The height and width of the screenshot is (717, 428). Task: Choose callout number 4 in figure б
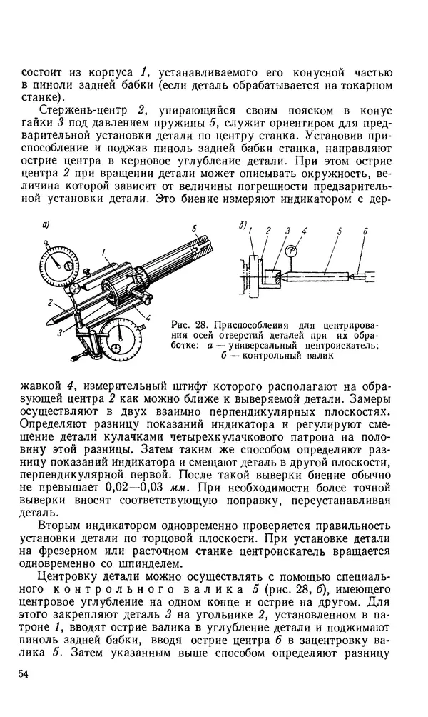[304, 231]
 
